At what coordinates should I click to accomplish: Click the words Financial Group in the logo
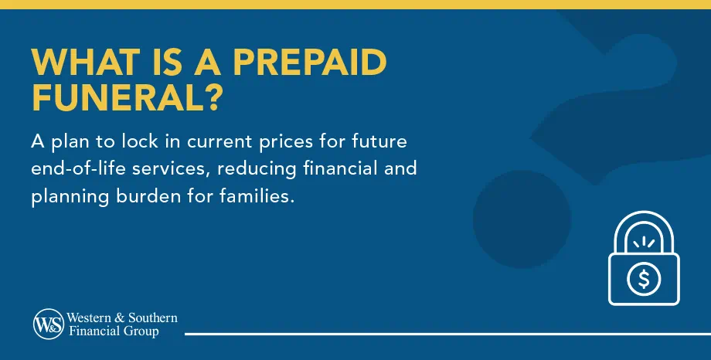[x=114, y=331]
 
